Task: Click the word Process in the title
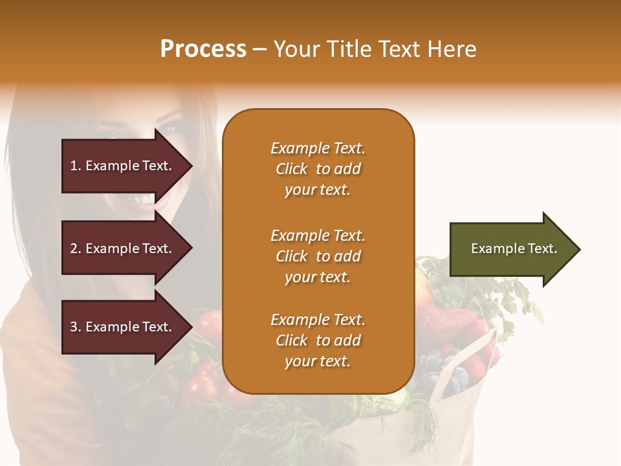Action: click(x=203, y=49)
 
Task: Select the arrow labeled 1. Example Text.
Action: click(x=123, y=166)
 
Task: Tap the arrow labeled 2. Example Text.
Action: click(x=123, y=249)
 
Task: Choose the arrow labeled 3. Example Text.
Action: click(x=123, y=327)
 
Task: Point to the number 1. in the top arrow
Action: click(x=76, y=166)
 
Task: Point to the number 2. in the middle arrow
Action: click(x=76, y=249)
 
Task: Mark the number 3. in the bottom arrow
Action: click(x=76, y=327)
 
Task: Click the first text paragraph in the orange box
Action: click(x=318, y=169)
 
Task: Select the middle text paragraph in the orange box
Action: click(x=318, y=256)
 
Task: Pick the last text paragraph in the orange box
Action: click(x=318, y=340)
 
